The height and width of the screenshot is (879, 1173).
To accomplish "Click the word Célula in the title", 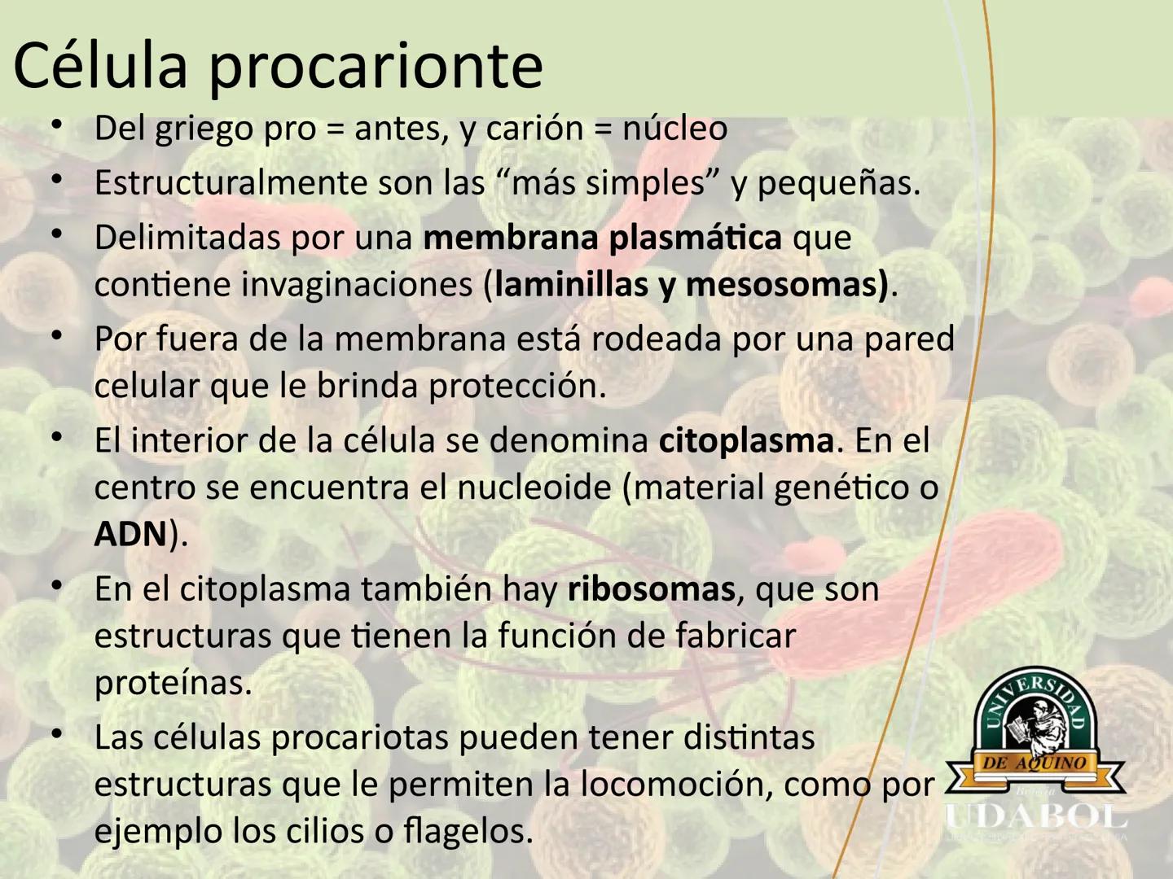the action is click(x=100, y=65).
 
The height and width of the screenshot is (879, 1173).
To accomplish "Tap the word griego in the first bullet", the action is click(x=204, y=130).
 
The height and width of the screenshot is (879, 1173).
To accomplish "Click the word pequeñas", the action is click(x=838, y=184).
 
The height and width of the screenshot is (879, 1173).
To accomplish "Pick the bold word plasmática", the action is click(x=696, y=238).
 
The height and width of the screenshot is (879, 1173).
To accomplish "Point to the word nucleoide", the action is click(x=534, y=488).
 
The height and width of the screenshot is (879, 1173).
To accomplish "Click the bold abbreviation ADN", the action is click(x=131, y=535).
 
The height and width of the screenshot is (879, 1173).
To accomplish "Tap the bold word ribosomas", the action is click(x=652, y=589).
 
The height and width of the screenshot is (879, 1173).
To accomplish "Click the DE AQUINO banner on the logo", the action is click(x=1035, y=763).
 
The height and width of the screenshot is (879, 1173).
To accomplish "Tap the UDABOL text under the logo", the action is click(x=1036, y=818).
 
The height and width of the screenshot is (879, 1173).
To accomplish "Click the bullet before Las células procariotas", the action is click(x=57, y=734).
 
